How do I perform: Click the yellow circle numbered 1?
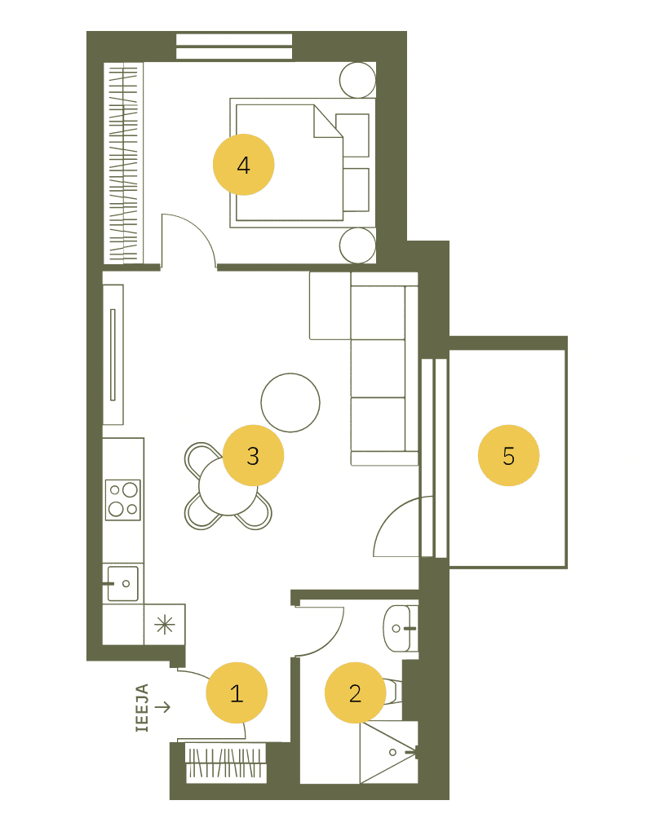tap(237, 692)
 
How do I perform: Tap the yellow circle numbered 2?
tap(355, 692)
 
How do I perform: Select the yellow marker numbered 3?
tap(253, 455)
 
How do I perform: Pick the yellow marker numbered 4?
tap(243, 165)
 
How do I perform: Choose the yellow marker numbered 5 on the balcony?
tap(508, 455)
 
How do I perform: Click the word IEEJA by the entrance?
tap(142, 707)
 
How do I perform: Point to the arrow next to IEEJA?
tap(163, 707)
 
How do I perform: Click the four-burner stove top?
tap(123, 499)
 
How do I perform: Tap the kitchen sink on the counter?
tap(122, 583)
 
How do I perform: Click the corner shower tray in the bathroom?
tap(389, 753)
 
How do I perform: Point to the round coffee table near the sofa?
tap(290, 402)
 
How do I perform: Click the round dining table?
tap(228, 487)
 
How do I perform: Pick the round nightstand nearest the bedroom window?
tap(357, 80)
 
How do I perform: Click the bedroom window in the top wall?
tap(233, 46)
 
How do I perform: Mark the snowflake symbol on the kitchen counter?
tap(165, 625)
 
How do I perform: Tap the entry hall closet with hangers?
tap(225, 763)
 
